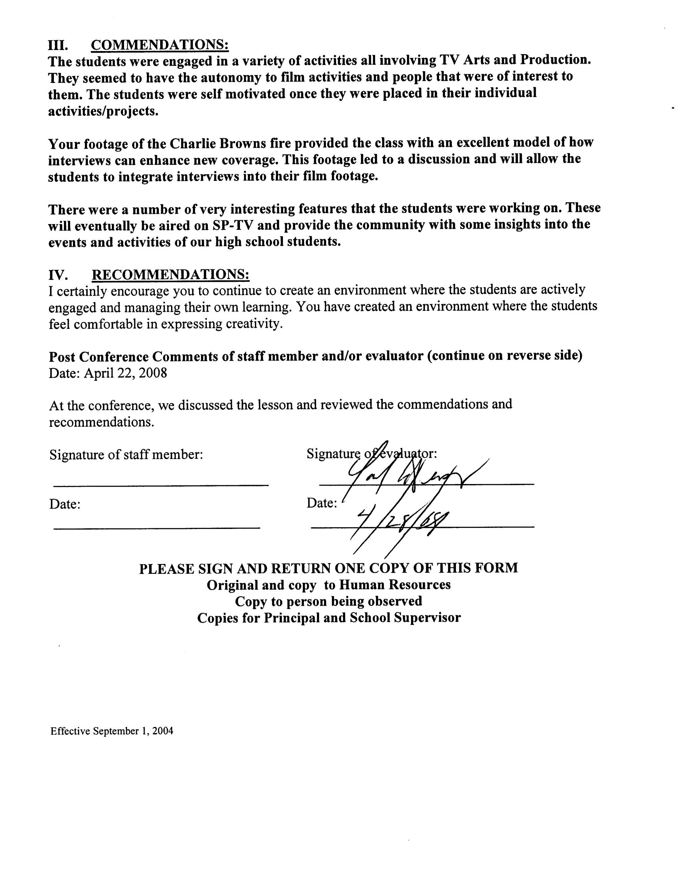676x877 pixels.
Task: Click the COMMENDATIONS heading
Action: pyautogui.click(x=160, y=45)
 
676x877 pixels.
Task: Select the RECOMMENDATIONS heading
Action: pyautogui.click(x=170, y=274)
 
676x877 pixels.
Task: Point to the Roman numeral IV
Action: pyautogui.click(x=58, y=275)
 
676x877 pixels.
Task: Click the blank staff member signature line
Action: pyautogui.click(x=161, y=486)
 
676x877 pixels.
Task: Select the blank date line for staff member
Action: pyautogui.click(x=156, y=527)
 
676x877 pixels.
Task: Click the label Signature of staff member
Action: pyautogui.click(x=126, y=455)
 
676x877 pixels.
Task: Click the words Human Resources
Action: pyautogui.click(x=394, y=585)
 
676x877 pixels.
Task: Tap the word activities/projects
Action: pyautogui.click(x=103, y=111)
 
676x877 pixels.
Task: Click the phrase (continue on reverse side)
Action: pyautogui.click(x=505, y=356)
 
